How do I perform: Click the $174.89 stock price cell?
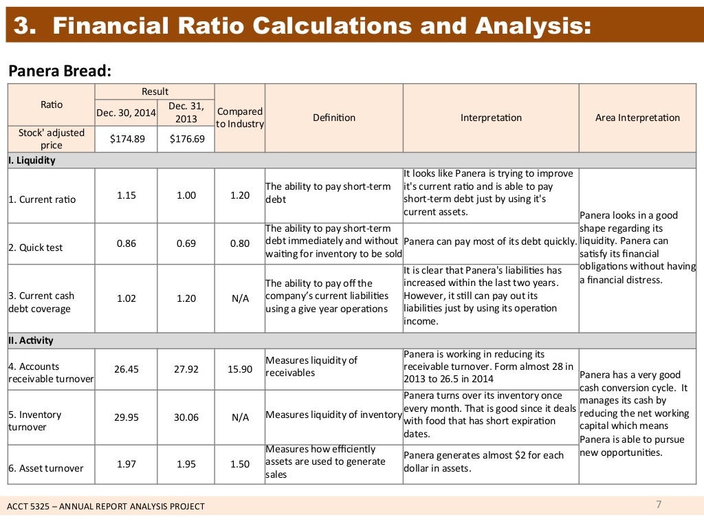(126, 139)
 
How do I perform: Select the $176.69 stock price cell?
(186, 139)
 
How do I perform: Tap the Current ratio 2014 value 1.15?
(126, 195)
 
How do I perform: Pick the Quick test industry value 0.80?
(240, 243)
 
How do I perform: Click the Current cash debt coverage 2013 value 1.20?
(186, 298)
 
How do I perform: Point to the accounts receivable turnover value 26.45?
(126, 369)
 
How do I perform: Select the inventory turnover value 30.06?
(186, 417)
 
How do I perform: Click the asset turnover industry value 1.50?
(240, 464)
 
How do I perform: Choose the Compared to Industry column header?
(240, 118)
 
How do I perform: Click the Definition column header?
(334, 118)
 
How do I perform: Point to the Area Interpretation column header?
(637, 118)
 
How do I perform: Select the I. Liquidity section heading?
(32, 160)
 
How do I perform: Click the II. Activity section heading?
(31, 340)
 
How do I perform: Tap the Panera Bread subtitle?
(59, 71)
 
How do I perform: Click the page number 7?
(659, 505)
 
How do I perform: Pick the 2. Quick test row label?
(36, 247)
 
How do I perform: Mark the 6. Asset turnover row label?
(46, 468)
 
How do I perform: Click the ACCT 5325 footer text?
(106, 507)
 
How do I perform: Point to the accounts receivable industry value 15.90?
(240, 369)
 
